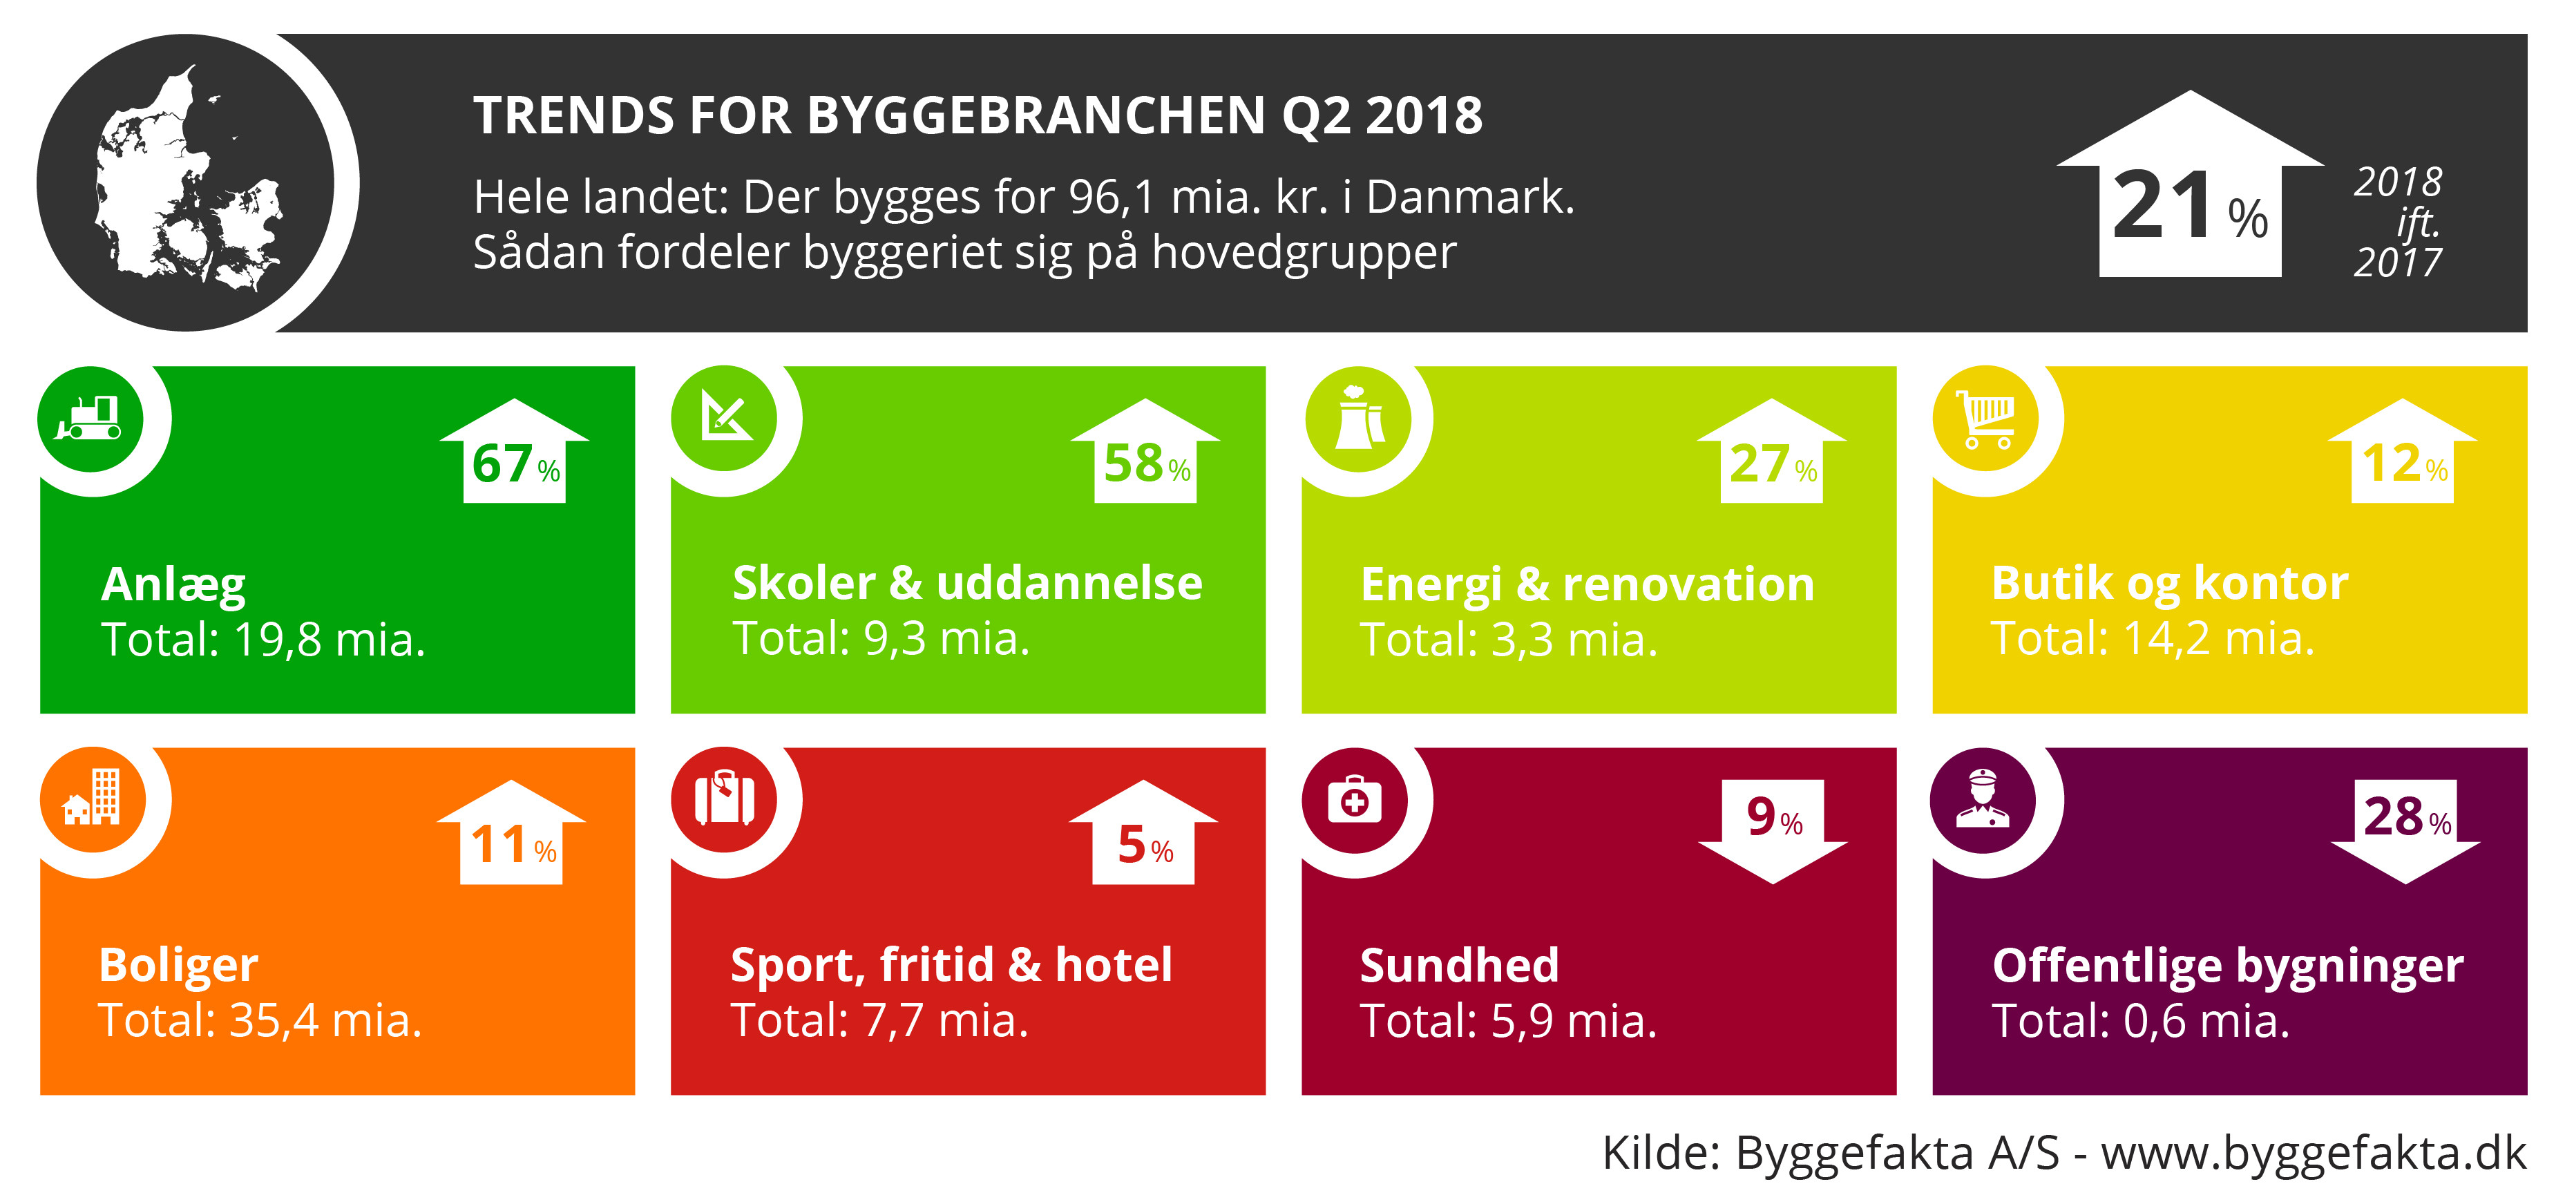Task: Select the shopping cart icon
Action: click(1985, 419)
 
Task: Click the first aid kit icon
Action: click(1354, 800)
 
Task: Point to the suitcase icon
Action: click(724, 798)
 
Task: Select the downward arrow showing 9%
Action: click(1773, 832)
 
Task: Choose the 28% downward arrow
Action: click(2405, 832)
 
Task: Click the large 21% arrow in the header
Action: click(2190, 184)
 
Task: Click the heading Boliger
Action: click(178, 966)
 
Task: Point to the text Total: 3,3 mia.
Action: click(1509, 640)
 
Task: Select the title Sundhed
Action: click(1459, 965)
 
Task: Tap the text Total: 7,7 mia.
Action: click(879, 1021)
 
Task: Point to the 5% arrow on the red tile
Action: click(1143, 832)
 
